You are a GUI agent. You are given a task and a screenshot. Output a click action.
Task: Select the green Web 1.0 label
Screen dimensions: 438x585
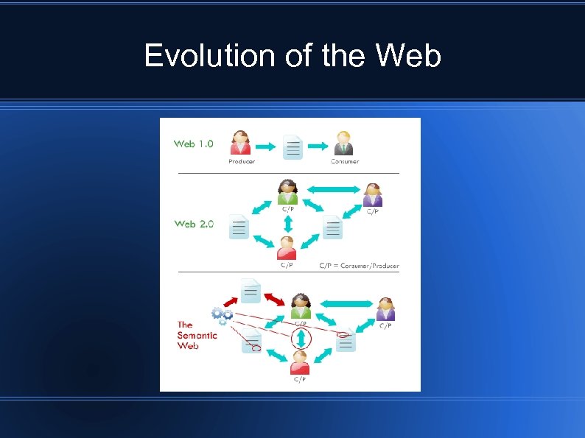194,144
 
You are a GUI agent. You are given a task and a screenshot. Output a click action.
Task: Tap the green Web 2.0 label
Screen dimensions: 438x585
194,224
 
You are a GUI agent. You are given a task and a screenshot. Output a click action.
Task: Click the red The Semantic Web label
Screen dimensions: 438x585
197,335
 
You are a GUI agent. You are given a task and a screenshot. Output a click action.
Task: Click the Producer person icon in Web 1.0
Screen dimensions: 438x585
241,143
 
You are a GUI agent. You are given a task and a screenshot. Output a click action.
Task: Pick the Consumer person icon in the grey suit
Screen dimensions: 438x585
343,143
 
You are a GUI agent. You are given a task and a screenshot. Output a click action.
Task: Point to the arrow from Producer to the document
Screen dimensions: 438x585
267,146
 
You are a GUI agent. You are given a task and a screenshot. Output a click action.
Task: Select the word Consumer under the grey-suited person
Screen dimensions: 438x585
344,161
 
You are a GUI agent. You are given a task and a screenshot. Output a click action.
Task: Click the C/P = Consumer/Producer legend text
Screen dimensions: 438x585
359,265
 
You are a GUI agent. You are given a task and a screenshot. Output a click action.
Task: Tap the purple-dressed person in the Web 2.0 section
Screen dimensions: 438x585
373,195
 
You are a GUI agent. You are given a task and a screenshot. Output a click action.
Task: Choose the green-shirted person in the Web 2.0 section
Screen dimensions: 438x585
287,192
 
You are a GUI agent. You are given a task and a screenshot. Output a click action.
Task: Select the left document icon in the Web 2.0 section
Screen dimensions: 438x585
239,226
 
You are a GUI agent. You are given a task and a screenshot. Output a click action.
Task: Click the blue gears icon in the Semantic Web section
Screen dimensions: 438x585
222,316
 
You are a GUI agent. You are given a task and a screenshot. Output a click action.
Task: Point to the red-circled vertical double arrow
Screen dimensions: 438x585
301,339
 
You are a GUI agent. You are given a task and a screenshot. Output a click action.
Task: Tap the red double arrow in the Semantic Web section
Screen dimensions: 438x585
275,296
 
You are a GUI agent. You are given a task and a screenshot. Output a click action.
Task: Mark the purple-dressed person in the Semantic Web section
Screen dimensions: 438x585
385,308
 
